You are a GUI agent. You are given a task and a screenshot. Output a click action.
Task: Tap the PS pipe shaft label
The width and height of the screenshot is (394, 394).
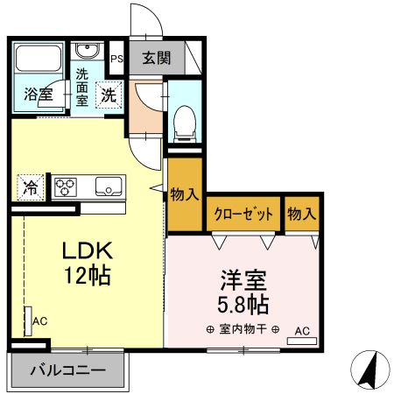coord(116,60)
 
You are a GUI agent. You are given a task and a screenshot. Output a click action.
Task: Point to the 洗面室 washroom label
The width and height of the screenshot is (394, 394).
coord(82,86)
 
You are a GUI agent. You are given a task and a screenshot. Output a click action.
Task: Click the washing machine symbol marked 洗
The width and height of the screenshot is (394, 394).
coord(109,93)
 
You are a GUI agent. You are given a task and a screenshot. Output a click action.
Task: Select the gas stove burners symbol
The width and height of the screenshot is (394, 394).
coord(67,185)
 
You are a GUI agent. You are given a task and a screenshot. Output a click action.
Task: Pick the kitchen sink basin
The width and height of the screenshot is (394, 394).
coord(109,185)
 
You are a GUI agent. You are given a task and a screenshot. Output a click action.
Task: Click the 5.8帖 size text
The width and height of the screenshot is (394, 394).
coord(243,306)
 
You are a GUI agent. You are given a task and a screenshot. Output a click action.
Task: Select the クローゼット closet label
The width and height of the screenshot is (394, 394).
coord(243,213)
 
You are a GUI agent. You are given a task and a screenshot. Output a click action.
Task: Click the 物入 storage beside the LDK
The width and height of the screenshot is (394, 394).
coord(184,195)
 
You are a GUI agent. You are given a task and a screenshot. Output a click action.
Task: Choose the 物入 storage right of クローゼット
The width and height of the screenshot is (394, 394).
coord(301,213)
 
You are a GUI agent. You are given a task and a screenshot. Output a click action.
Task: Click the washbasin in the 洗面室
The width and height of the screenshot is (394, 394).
coord(86,51)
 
